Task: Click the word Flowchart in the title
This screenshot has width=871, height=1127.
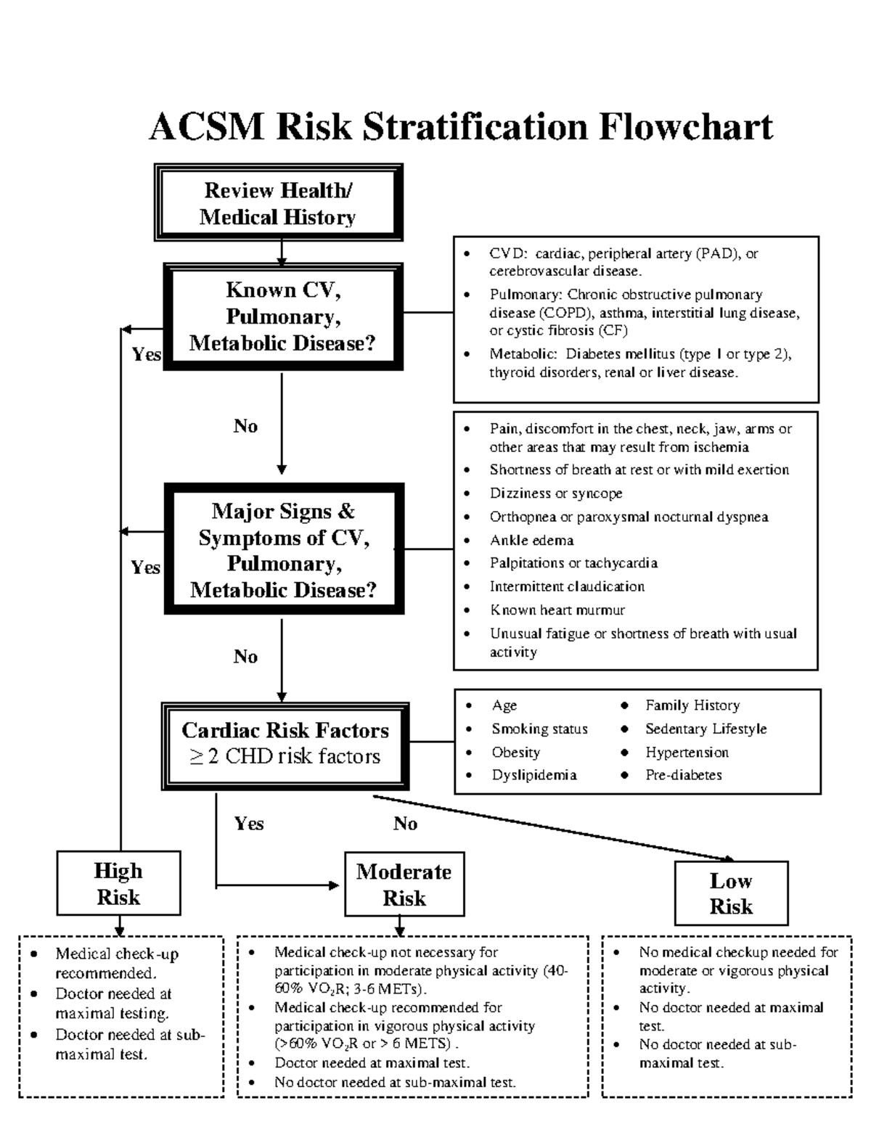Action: pos(686,127)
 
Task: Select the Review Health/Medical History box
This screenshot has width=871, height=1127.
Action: pos(278,203)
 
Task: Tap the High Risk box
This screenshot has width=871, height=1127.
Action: pos(118,884)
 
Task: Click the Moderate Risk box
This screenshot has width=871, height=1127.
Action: pos(404,885)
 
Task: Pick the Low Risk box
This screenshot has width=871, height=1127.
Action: pos(731,893)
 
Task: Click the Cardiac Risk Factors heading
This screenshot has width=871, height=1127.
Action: pos(285,730)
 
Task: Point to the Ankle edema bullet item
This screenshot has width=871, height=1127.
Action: pos(531,541)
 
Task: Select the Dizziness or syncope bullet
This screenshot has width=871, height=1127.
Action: pos(556,493)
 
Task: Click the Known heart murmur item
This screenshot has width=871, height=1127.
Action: pos(557,610)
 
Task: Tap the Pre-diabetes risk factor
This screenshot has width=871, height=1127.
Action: pos(683,775)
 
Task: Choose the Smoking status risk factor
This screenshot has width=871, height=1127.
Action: pos(539,729)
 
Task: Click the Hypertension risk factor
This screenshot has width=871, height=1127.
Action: pos(687,753)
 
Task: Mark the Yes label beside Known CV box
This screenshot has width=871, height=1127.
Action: pos(146,355)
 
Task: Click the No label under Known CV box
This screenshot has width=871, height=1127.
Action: pos(245,426)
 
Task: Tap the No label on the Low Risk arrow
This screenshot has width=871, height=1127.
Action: pos(405,824)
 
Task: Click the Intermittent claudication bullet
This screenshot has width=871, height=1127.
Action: pos(567,586)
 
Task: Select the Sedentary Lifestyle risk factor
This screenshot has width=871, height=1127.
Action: pos(706,729)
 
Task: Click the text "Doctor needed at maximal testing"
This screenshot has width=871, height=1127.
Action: pos(113,1004)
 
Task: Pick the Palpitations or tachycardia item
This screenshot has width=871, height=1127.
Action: pos(573,563)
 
